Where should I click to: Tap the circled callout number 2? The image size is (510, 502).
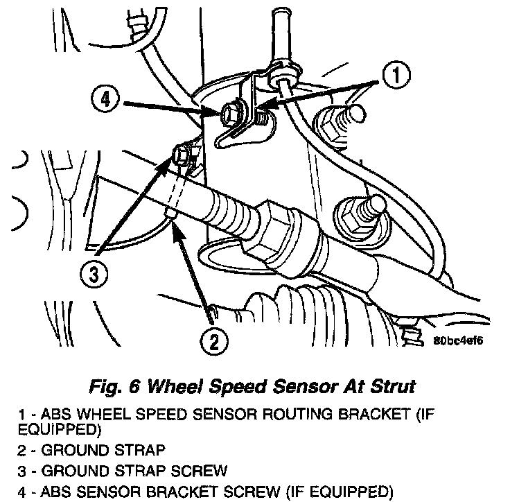click(x=213, y=340)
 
